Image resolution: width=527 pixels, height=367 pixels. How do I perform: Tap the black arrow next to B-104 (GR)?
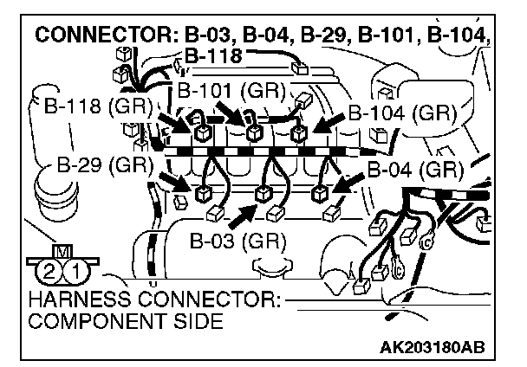[328, 125]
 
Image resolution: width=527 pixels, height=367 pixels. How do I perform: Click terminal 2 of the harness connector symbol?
[49, 270]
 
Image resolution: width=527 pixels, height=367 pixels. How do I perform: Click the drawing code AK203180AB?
[432, 348]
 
